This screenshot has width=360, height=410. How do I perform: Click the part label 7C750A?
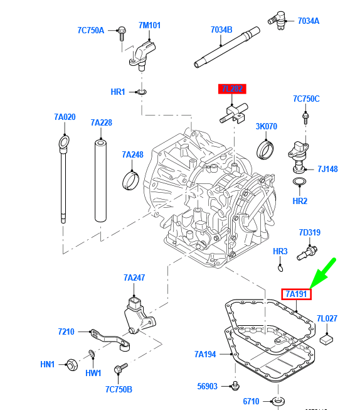pyautogui.click(x=91, y=30)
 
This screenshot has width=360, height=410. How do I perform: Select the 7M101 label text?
pyautogui.click(x=150, y=26)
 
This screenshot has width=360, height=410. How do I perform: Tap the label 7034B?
pyautogui.click(x=221, y=30)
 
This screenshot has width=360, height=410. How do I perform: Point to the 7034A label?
pyautogui.click(x=308, y=21)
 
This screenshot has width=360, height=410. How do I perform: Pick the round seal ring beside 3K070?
pyautogui.click(x=266, y=150)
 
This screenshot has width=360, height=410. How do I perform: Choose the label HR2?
pyautogui.click(x=300, y=201)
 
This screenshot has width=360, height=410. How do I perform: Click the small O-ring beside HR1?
pyautogui.click(x=142, y=92)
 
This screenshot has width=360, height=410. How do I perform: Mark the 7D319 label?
pyautogui.click(x=309, y=232)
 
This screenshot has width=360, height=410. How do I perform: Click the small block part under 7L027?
pyautogui.click(x=327, y=340)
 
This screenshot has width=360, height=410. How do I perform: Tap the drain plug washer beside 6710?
pyautogui.click(x=277, y=400)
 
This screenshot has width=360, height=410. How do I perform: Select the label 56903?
pyautogui.click(x=207, y=387)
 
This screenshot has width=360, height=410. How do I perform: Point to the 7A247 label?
pyautogui.click(x=134, y=277)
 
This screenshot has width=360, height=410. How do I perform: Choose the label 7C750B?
pyautogui.click(x=119, y=389)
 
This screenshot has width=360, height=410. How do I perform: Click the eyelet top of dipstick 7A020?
pyautogui.click(x=63, y=141)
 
